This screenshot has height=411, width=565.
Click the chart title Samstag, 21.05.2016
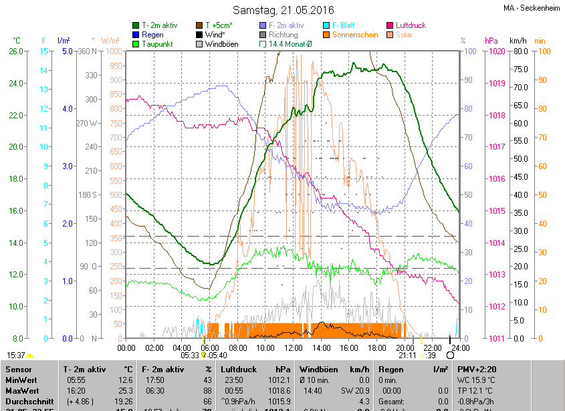tap(282, 10)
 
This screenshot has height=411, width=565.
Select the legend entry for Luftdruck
tap(411, 25)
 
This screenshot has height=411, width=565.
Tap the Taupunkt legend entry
tap(158, 44)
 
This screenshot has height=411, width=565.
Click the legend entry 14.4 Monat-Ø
tap(290, 44)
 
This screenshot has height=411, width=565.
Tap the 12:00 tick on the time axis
tap(293, 348)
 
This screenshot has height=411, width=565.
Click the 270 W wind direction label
tap(88, 123)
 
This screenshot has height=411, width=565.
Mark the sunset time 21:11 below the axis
tap(406, 356)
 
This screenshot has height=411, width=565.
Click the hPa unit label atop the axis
tap(491, 41)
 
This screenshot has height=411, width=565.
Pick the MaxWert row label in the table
tap(23, 390)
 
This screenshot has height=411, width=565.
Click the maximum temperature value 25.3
tap(124, 390)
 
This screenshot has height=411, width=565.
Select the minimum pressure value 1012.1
tap(278, 380)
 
